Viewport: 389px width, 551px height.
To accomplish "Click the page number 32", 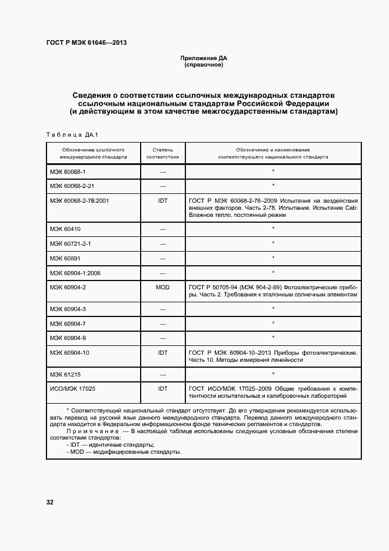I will coord(50,503).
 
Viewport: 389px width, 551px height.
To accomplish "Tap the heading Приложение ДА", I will coord(203,58).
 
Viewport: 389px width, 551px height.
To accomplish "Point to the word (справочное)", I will coord(203,64).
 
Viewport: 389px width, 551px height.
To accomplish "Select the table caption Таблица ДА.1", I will coord(69,134).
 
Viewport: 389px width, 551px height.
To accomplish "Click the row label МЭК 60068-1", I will coord(68,171).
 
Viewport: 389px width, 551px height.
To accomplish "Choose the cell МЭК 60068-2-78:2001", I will coord(79,201).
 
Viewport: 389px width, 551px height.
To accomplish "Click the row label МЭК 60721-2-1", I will coord(70,243).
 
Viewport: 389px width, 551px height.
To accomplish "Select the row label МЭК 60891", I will coord(65,258).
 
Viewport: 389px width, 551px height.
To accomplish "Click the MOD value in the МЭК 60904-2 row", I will coord(162,287).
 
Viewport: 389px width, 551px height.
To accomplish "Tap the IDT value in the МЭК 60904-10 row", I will coord(162,352).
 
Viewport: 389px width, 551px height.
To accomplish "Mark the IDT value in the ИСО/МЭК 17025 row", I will coord(162,389).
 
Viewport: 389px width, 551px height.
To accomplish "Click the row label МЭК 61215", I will coord(65,374).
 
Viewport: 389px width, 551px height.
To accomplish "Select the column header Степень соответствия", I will coord(162,153).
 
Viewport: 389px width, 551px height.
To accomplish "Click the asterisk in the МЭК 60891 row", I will coord(274,258).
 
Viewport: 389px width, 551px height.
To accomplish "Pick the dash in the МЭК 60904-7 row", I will coord(162,324).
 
